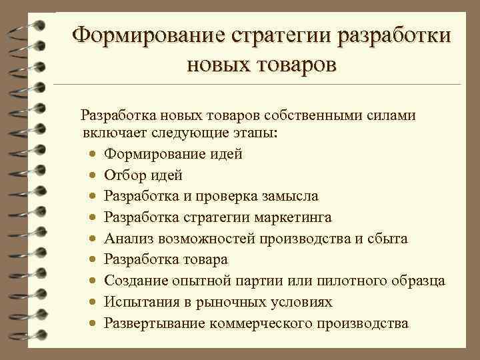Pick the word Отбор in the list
click(x=125, y=175)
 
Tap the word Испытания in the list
click(x=139, y=302)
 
